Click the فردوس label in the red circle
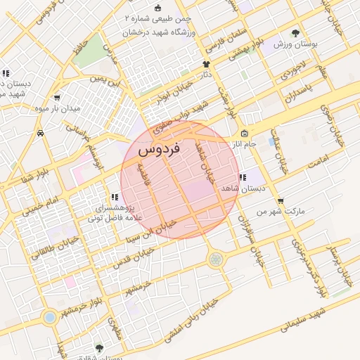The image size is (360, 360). coord(160,149)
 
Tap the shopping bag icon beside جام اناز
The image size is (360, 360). coord(244,134)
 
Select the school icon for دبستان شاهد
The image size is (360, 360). coord(242,178)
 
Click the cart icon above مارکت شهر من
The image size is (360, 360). coord(281,201)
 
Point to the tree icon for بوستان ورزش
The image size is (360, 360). coord(296,32)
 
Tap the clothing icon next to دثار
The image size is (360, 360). coord(206,63)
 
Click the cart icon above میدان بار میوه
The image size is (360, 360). coord(56,98)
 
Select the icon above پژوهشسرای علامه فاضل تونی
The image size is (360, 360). coord(114,198)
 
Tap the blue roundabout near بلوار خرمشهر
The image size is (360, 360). coord(49,318)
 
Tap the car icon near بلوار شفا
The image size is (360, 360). coord(40,133)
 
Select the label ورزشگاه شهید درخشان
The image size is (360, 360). coord(161,32)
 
